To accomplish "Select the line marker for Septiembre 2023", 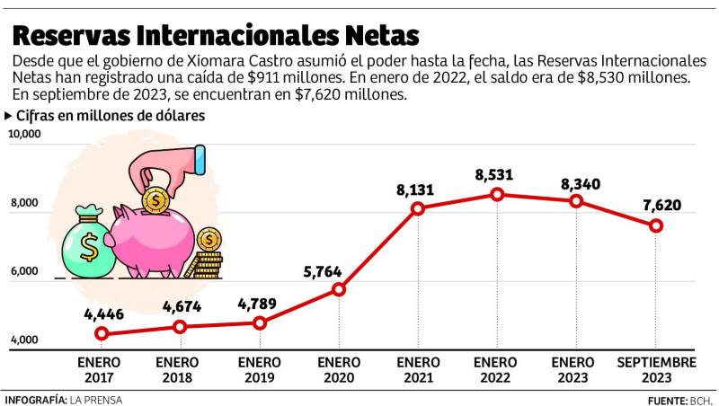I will click(x=656, y=225).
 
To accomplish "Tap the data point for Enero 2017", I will click(x=102, y=334).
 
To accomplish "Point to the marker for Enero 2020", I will click(x=339, y=289).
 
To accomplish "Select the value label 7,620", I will click(x=661, y=205).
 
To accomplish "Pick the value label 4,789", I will click(x=257, y=303).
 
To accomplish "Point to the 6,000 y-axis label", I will click(x=25, y=272).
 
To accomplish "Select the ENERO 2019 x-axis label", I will click(x=260, y=370).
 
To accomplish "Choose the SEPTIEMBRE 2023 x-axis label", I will click(x=656, y=370).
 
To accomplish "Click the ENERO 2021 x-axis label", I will click(x=418, y=370).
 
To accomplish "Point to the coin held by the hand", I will click(x=156, y=197).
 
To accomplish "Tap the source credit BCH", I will click(x=701, y=400).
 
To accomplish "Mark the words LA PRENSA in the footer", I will click(x=96, y=400).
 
